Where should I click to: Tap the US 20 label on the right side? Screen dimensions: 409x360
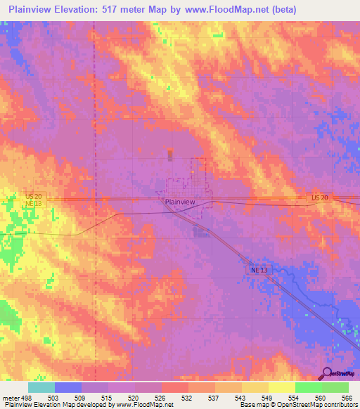[319, 198]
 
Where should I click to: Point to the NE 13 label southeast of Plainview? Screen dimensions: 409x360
[259, 269]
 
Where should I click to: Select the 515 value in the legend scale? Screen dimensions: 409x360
[108, 397]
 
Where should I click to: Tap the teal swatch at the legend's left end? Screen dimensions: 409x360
[41, 387]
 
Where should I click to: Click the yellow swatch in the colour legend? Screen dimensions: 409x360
[281, 387]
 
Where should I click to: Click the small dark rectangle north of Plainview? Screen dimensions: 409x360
[169, 155]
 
